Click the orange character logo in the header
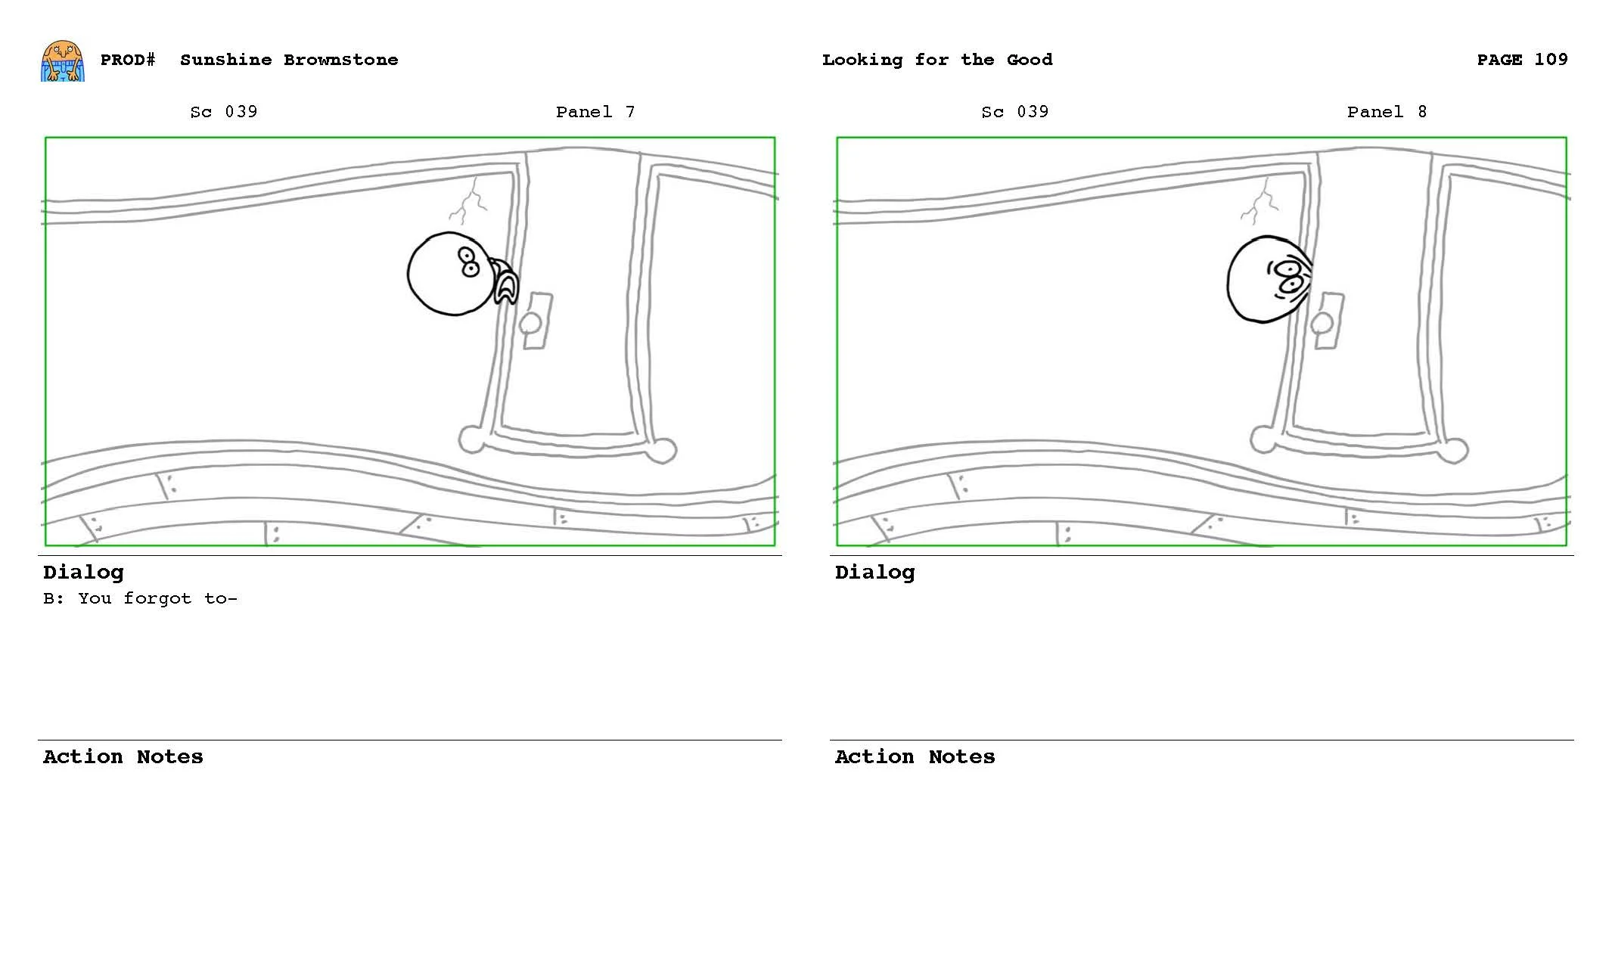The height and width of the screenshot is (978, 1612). pos(62,61)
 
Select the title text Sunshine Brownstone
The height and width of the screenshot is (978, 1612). pos(289,60)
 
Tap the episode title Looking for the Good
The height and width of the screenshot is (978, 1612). pos(936,60)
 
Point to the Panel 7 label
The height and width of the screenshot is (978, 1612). pos(595,112)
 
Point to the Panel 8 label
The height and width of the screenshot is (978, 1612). pos(1386,112)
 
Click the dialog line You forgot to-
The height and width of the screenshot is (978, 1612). pos(140,598)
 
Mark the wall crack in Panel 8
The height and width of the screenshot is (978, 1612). pos(1261,201)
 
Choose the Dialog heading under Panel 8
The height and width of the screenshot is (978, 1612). pos(874,573)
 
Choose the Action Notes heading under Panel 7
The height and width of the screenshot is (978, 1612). pos(123,757)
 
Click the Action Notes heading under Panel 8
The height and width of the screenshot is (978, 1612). pos(915,757)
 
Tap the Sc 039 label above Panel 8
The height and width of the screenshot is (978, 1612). pos(1014,112)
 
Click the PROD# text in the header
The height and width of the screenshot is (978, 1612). pos(128,60)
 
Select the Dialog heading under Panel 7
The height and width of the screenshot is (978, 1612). pos(83,573)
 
